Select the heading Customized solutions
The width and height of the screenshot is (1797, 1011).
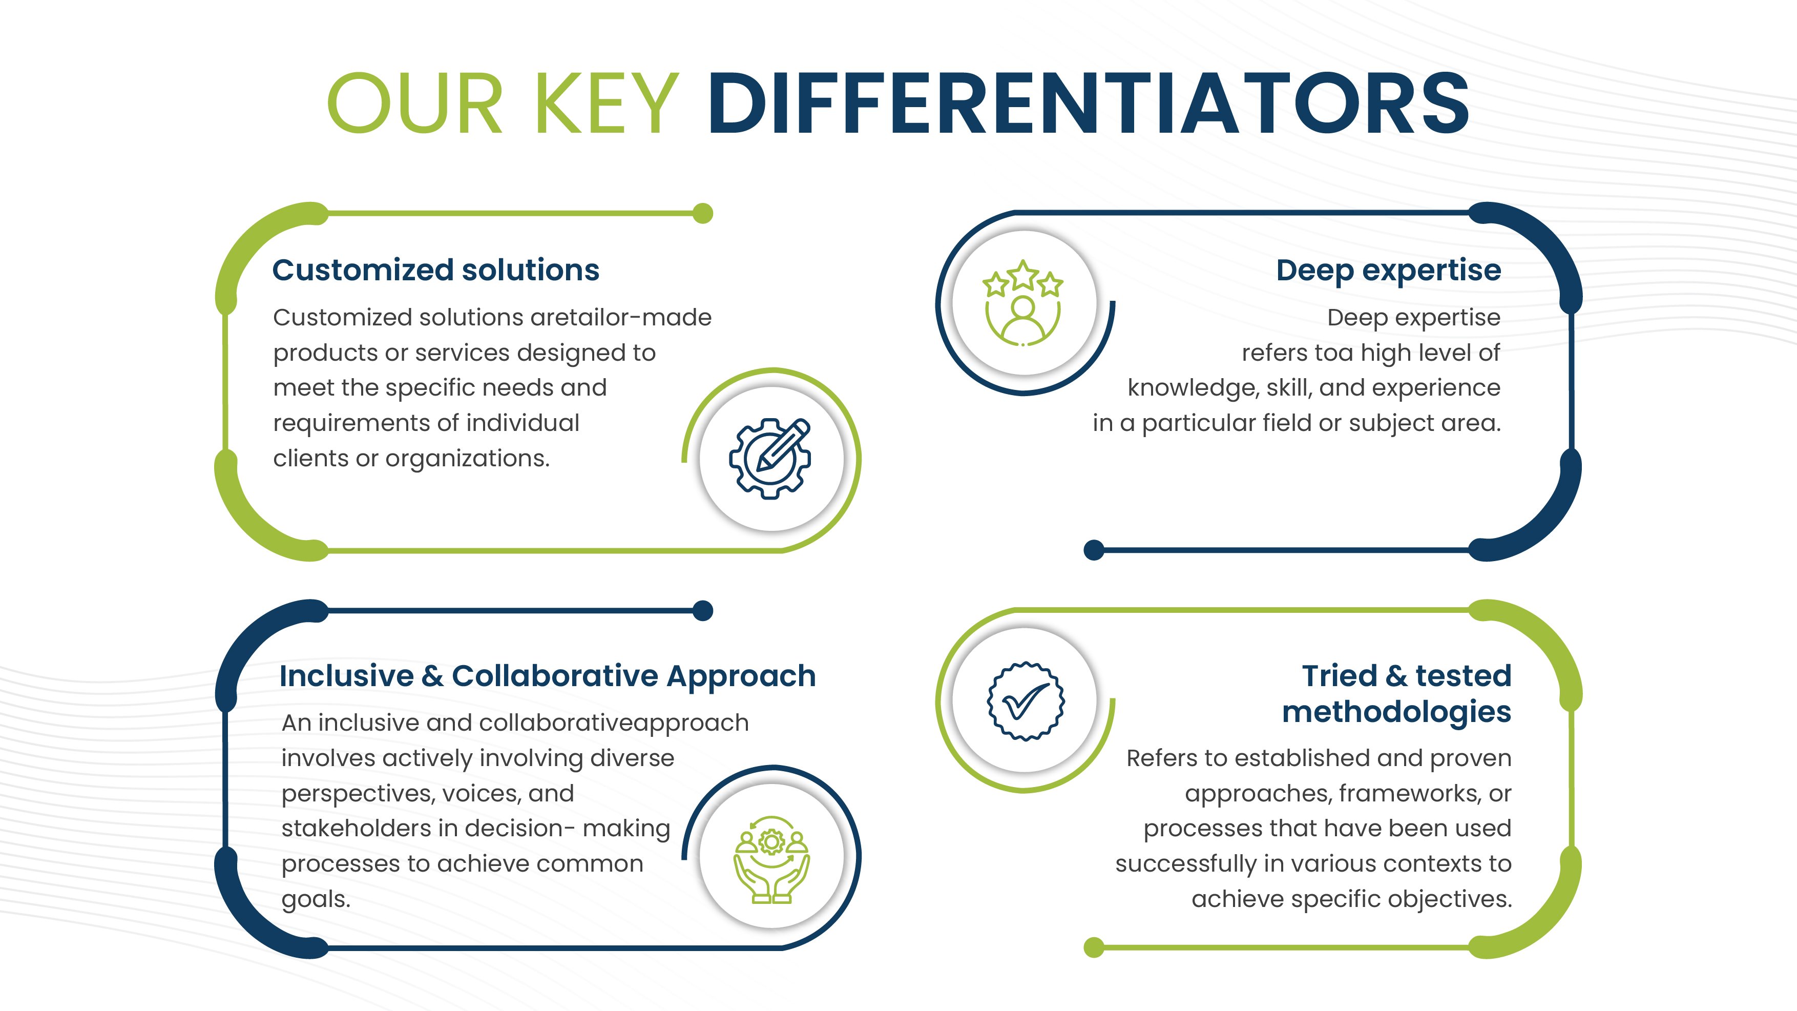coord(435,270)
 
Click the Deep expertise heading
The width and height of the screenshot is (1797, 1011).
coord(1388,271)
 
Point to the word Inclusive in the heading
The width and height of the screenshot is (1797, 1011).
coord(347,675)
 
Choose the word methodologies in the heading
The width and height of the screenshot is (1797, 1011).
coord(1396,712)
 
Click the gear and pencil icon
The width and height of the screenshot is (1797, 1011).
coord(770,459)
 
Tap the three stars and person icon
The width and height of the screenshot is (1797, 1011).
coord(1022,303)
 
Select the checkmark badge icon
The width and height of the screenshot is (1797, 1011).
coord(1026,701)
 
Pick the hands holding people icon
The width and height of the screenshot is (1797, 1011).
coord(771,860)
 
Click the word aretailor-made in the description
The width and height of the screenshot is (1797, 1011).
coord(621,318)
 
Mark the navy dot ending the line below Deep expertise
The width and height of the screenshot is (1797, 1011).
coord(1094,550)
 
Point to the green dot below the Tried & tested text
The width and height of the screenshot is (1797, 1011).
coord(1094,947)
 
